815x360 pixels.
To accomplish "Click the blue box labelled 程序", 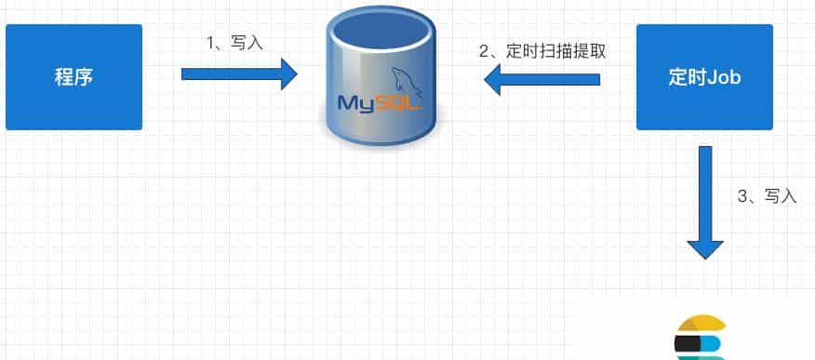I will click(x=73, y=76).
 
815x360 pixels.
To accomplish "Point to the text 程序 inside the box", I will click(x=73, y=77).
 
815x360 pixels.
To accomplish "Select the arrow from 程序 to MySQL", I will click(x=238, y=73).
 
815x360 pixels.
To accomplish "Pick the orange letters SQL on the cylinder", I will click(x=400, y=101).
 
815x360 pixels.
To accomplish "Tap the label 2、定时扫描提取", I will click(x=542, y=51).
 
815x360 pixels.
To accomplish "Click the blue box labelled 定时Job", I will click(x=704, y=76).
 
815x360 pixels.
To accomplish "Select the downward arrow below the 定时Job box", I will click(x=705, y=200).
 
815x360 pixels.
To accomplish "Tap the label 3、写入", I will click(x=767, y=197).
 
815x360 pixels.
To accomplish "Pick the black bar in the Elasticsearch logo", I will click(x=688, y=345).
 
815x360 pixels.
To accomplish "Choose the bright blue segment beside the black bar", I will click(x=715, y=346).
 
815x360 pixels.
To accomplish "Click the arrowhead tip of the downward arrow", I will click(x=705, y=256).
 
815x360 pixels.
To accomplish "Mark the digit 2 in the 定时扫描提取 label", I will click(x=484, y=51).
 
